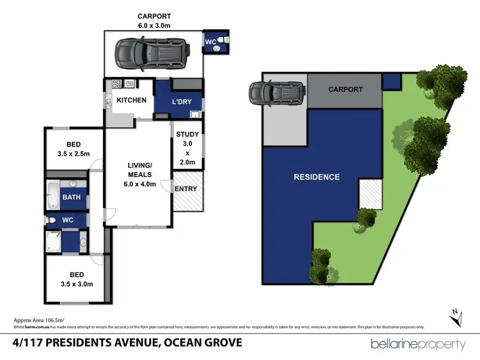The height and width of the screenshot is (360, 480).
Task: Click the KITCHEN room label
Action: [131, 100]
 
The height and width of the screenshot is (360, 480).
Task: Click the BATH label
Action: [72, 197]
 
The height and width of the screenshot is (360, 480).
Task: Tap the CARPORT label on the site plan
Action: [346, 90]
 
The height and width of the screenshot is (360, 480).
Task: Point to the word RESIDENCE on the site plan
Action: [316, 176]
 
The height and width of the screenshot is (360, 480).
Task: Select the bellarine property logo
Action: [419, 344]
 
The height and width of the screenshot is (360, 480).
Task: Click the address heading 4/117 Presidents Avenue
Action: [128, 343]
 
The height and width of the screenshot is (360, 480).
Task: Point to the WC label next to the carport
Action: [210, 42]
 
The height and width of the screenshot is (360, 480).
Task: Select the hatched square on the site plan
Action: [369, 193]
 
